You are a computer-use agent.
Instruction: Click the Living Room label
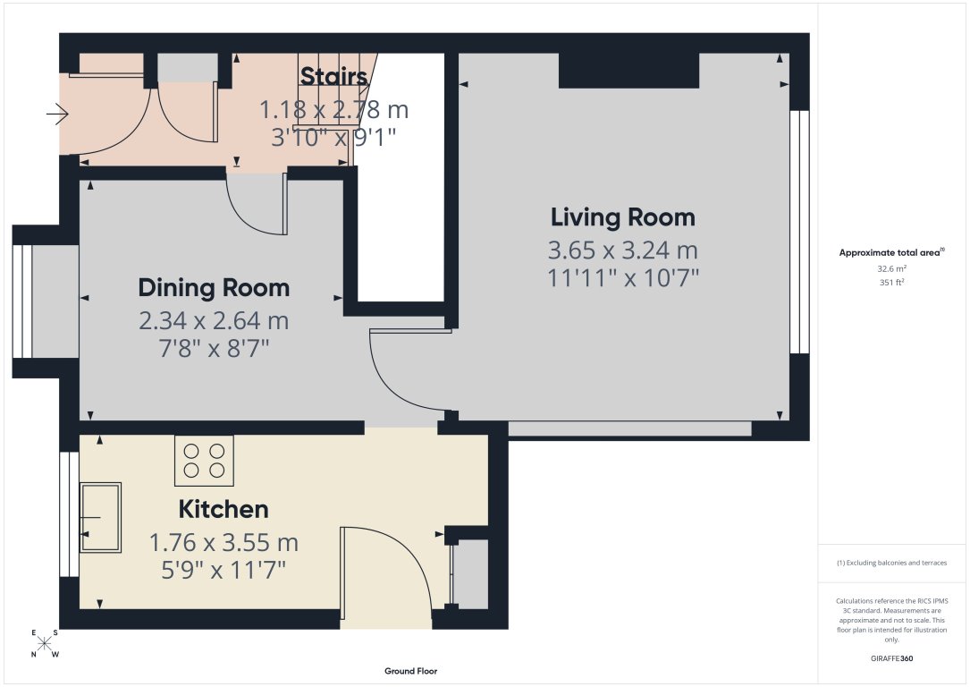622,217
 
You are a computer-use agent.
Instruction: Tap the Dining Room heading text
214,288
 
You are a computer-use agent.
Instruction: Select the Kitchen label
224,510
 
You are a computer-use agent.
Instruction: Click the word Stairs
333,77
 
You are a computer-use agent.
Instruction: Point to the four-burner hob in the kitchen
204,460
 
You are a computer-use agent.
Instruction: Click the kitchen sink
100,517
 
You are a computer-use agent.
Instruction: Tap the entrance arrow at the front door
57,114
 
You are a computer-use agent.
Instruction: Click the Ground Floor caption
410,671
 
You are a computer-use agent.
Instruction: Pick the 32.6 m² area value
890,268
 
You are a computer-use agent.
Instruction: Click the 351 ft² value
890,282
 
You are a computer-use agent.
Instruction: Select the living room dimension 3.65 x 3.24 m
622,250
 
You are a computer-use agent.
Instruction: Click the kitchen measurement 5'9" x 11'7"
223,569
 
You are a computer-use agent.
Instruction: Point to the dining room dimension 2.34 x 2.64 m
214,320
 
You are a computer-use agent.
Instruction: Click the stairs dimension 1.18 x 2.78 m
333,110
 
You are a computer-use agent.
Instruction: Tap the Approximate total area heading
890,253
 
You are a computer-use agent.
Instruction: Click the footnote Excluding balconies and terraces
891,563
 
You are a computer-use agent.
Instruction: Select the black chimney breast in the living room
628,71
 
